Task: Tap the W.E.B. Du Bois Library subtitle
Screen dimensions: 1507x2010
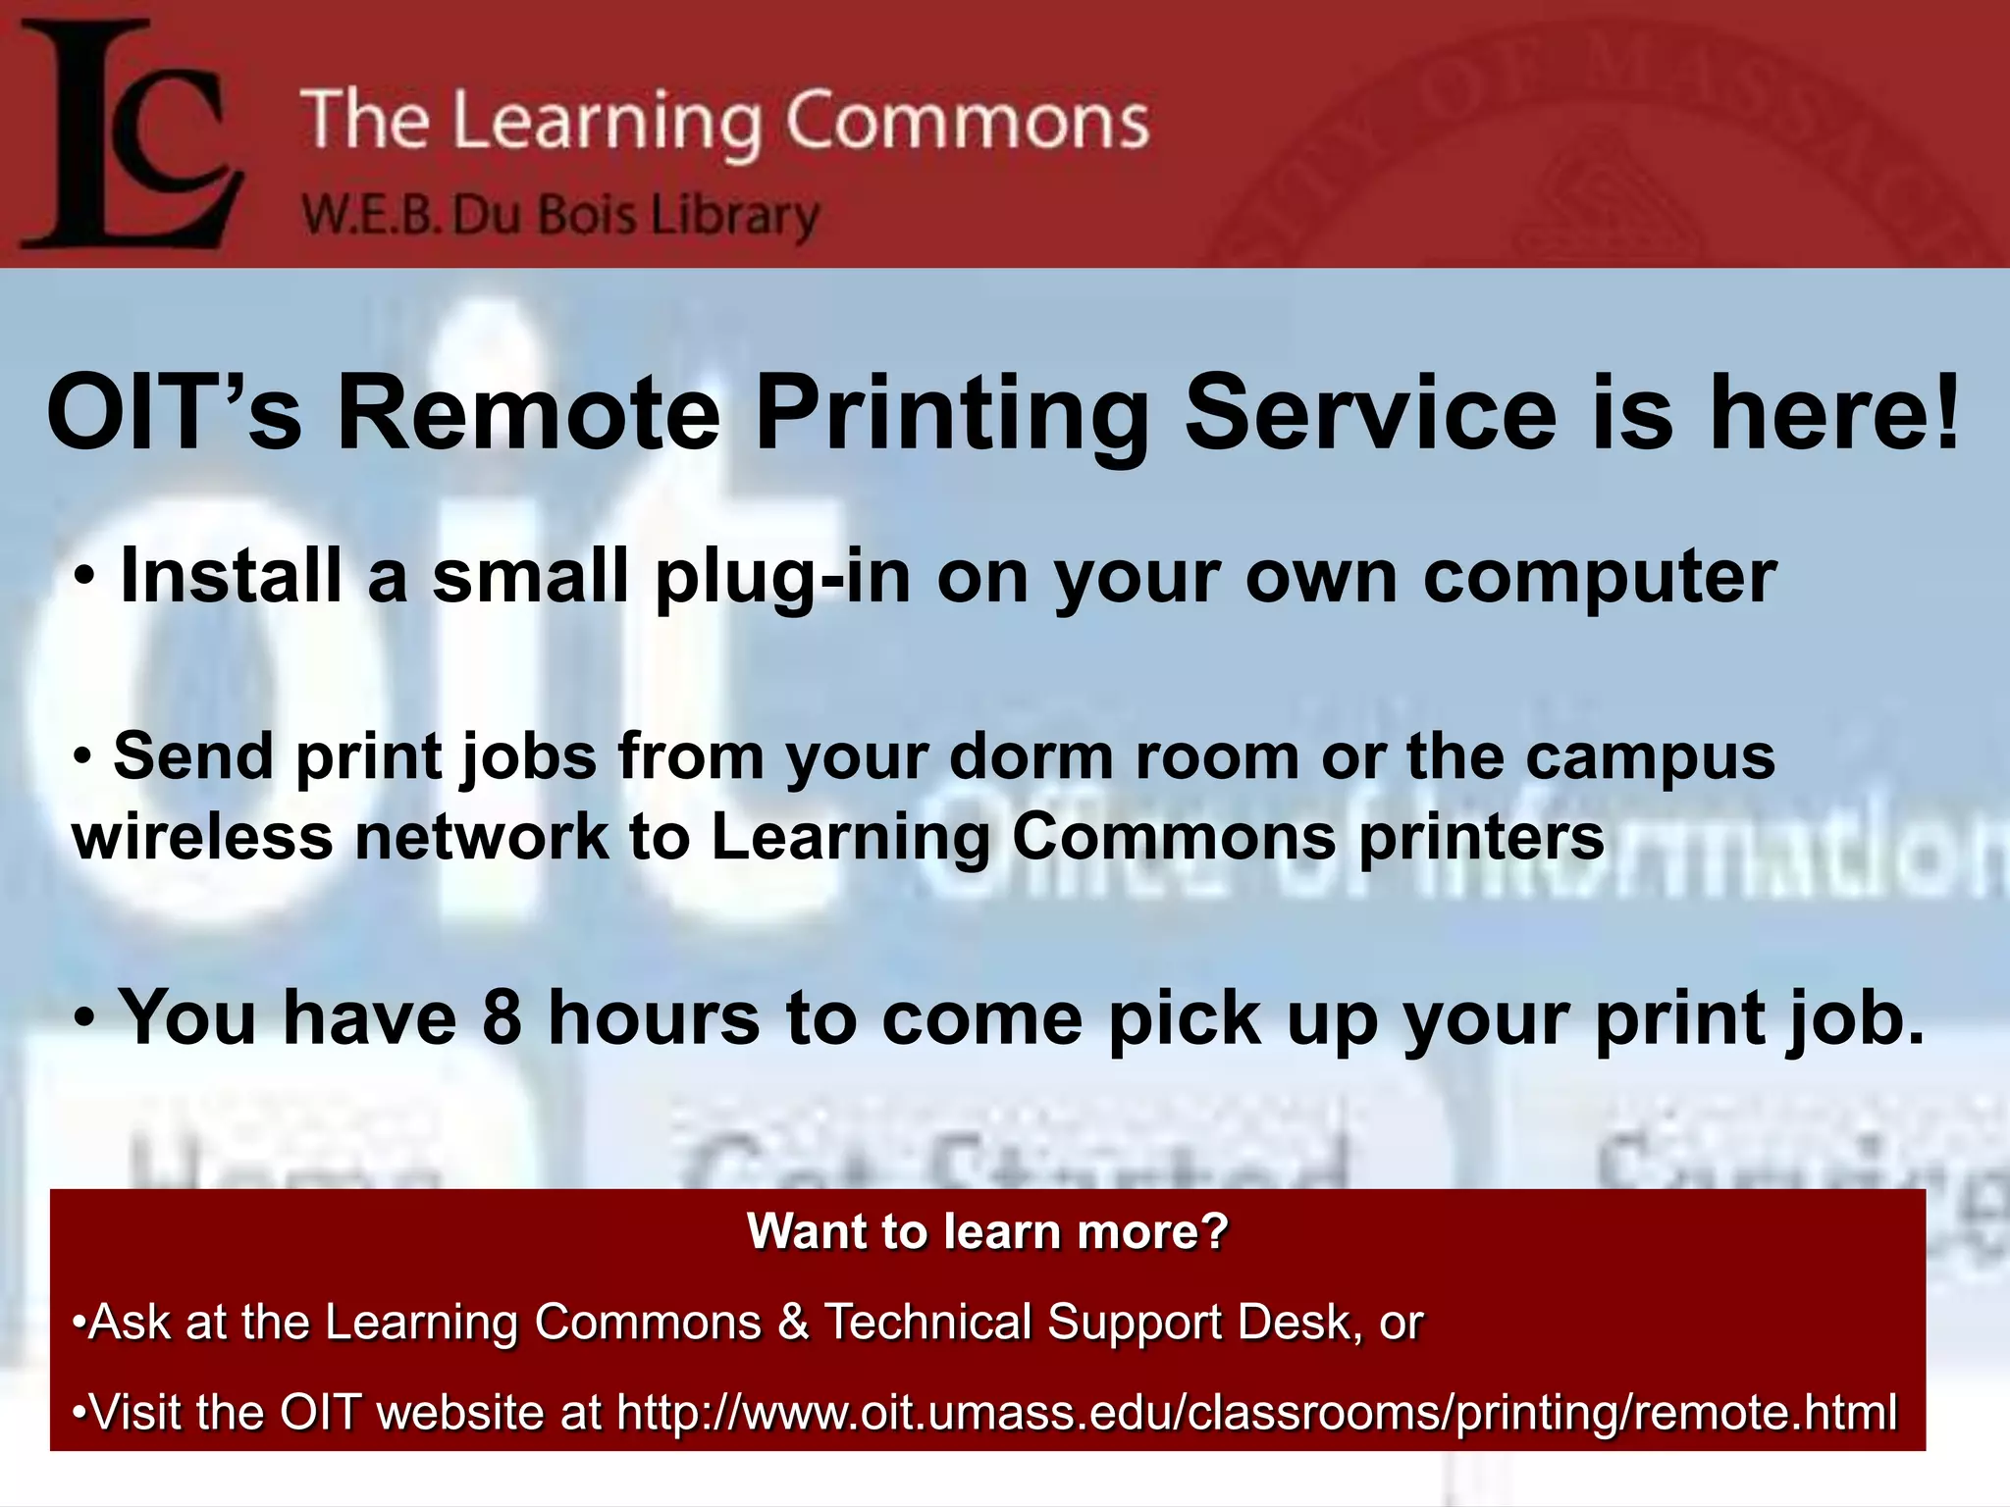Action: click(559, 216)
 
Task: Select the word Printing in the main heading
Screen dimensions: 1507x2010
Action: click(951, 413)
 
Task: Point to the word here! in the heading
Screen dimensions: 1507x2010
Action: click(1835, 413)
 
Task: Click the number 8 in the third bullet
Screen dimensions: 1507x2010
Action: click(502, 1017)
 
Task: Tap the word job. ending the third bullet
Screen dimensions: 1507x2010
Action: click(1855, 1017)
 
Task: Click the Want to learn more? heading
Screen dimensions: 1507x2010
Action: click(987, 1231)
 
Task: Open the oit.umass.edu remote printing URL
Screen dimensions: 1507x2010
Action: click(1257, 1413)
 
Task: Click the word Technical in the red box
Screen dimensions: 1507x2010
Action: click(927, 1323)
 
